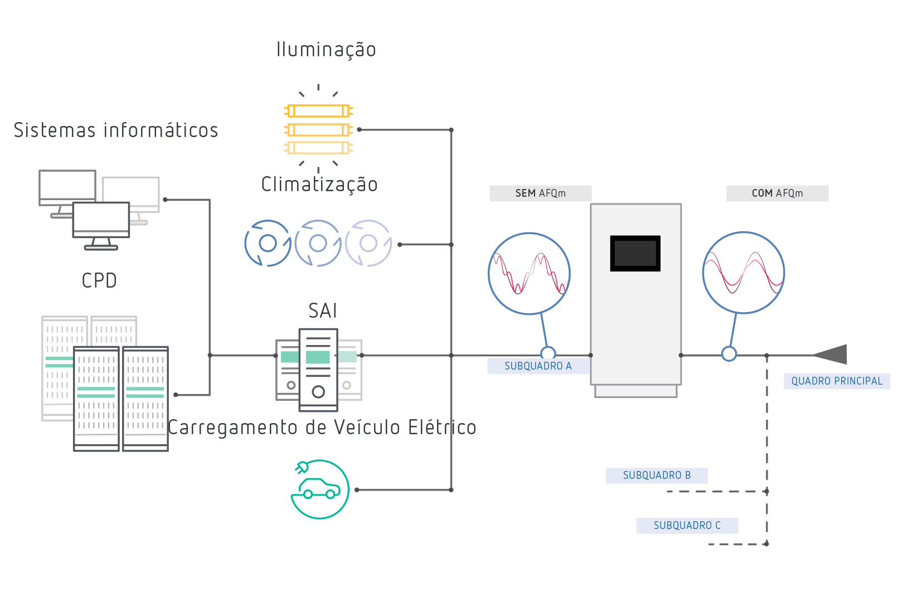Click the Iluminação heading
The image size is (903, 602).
[326, 50]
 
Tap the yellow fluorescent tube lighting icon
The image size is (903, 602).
[318, 129]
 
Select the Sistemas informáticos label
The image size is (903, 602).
[116, 130]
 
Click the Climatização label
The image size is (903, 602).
[319, 185]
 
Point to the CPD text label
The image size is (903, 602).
[99, 280]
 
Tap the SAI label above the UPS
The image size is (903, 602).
[323, 311]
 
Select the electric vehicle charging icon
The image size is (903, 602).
[320, 489]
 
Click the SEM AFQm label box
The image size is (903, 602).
[540, 193]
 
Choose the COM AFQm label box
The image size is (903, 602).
[777, 193]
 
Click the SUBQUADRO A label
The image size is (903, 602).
[538, 366]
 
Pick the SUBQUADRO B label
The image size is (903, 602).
[657, 475]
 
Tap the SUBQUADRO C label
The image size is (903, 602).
[687, 526]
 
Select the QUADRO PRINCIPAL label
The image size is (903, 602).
[837, 381]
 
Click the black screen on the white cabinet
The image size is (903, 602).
[635, 254]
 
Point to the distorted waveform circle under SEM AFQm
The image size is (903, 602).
[529, 274]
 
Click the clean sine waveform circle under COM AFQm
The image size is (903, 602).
[744, 273]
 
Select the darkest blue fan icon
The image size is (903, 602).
[268, 244]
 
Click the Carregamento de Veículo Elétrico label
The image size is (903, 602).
[322, 428]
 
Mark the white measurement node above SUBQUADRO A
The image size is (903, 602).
[548, 353]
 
